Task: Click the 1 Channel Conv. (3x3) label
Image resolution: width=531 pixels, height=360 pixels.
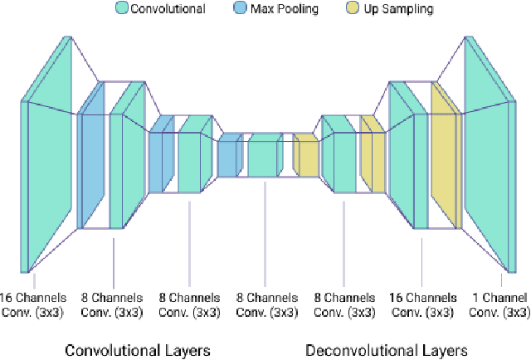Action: (499, 304)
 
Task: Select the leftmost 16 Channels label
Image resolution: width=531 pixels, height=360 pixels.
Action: (29, 304)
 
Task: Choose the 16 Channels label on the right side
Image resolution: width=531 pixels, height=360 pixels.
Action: (421, 304)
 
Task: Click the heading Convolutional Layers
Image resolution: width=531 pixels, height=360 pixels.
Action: (138, 349)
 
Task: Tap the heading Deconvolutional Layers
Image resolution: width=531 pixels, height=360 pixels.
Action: (387, 349)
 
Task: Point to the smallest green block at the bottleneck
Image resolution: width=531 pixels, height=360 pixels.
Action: (265, 158)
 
